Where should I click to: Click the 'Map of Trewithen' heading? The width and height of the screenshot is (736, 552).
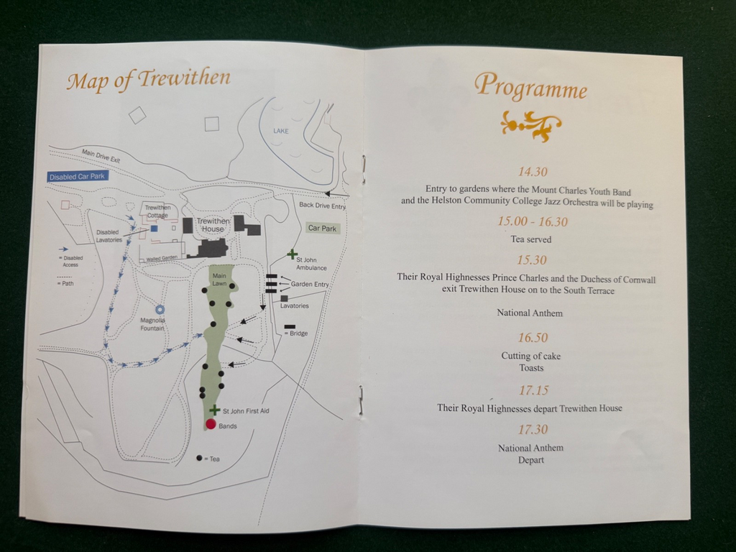click(x=148, y=78)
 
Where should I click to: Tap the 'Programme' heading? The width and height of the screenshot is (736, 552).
click(x=530, y=86)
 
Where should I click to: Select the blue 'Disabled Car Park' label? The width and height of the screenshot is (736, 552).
click(x=76, y=176)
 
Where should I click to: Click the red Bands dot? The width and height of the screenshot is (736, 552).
click(x=211, y=424)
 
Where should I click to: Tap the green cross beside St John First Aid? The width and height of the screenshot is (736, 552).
click(x=214, y=410)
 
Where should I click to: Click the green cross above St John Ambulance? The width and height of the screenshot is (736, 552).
click(x=292, y=254)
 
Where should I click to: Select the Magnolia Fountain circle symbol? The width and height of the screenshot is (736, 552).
click(x=160, y=310)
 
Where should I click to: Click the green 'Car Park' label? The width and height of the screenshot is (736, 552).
click(x=322, y=229)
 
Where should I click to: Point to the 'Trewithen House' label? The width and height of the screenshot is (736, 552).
click(x=213, y=225)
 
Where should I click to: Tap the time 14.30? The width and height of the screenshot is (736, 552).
click(x=533, y=172)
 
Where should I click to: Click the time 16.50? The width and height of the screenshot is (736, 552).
click(x=533, y=338)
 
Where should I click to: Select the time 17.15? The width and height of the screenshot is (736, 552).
click(x=533, y=390)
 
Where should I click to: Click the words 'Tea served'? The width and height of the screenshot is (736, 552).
click(x=531, y=239)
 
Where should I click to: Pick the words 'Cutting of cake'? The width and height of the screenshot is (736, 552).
click(x=531, y=356)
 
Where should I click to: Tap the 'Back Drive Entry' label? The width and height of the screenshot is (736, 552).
click(x=322, y=206)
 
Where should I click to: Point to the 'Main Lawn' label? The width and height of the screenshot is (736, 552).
click(x=219, y=277)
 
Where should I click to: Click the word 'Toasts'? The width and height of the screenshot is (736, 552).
click(x=531, y=368)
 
